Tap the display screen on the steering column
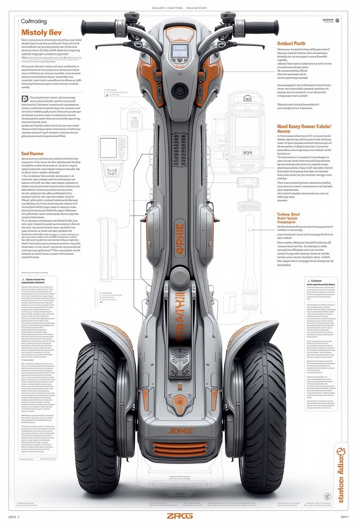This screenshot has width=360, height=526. pos(180,51)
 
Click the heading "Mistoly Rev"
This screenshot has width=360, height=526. pos(42,32)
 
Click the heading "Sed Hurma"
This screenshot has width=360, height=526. pos(33,153)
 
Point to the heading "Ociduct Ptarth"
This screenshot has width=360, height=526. pos(291,43)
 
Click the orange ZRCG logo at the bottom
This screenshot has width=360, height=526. pos(180,516)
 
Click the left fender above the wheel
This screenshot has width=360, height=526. pos(104,331)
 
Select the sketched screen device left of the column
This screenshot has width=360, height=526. pos(108,148)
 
